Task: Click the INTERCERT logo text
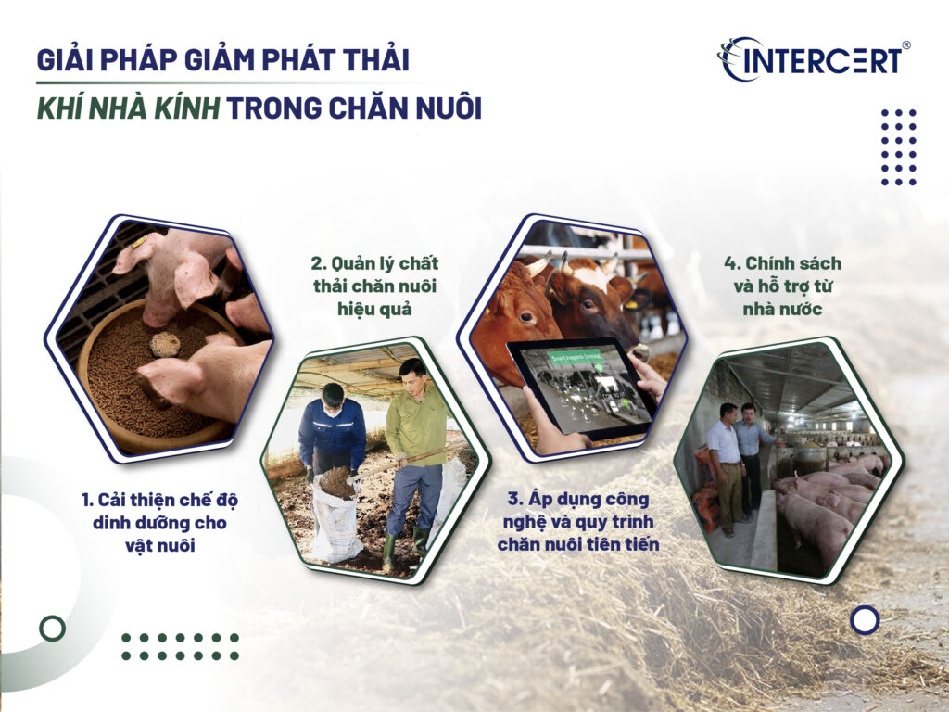[x=821, y=61]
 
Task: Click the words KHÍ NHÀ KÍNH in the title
[x=128, y=108]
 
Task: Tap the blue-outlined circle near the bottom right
[x=865, y=619]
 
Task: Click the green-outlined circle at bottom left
[x=53, y=629]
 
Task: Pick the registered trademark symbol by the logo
[x=905, y=45]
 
